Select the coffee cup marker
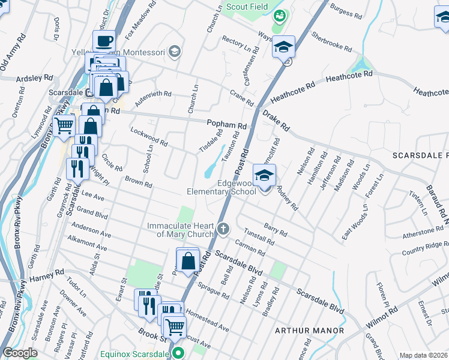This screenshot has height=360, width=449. click(104, 41)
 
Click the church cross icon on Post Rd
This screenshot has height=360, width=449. click(223, 228)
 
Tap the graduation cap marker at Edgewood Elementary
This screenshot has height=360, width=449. click(264, 176)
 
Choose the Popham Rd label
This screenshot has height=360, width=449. click(227, 125)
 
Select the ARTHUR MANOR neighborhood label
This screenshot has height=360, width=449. click(309, 331)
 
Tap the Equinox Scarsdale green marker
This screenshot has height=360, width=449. click(177, 353)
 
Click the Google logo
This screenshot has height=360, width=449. click(20, 353)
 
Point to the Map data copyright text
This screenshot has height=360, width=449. click(424, 355)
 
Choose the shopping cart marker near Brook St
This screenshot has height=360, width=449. click(175, 327)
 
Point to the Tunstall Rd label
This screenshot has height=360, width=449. click(259, 238)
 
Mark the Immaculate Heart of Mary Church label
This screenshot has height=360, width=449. click(181, 230)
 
